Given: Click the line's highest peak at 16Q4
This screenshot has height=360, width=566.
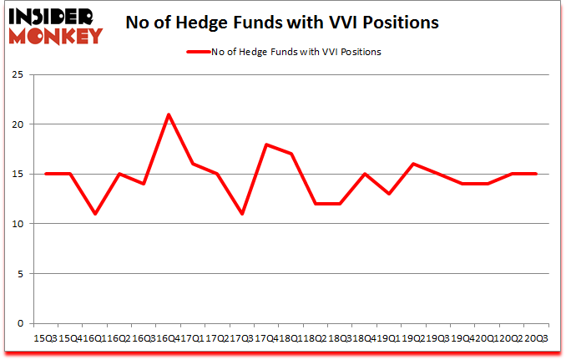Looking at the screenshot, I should (x=168, y=114).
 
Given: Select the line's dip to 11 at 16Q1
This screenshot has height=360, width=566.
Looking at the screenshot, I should (x=95, y=214).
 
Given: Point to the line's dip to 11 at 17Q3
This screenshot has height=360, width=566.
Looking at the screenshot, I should (x=241, y=214).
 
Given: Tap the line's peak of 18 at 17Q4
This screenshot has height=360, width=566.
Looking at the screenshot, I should (x=265, y=145).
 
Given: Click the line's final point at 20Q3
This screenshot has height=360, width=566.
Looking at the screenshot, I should (x=533, y=174).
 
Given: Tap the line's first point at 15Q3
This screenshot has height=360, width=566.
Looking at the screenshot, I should (x=47, y=174).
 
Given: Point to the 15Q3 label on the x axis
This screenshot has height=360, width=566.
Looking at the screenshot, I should (x=45, y=337).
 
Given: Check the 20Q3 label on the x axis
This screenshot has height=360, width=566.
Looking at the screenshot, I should (x=535, y=337).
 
